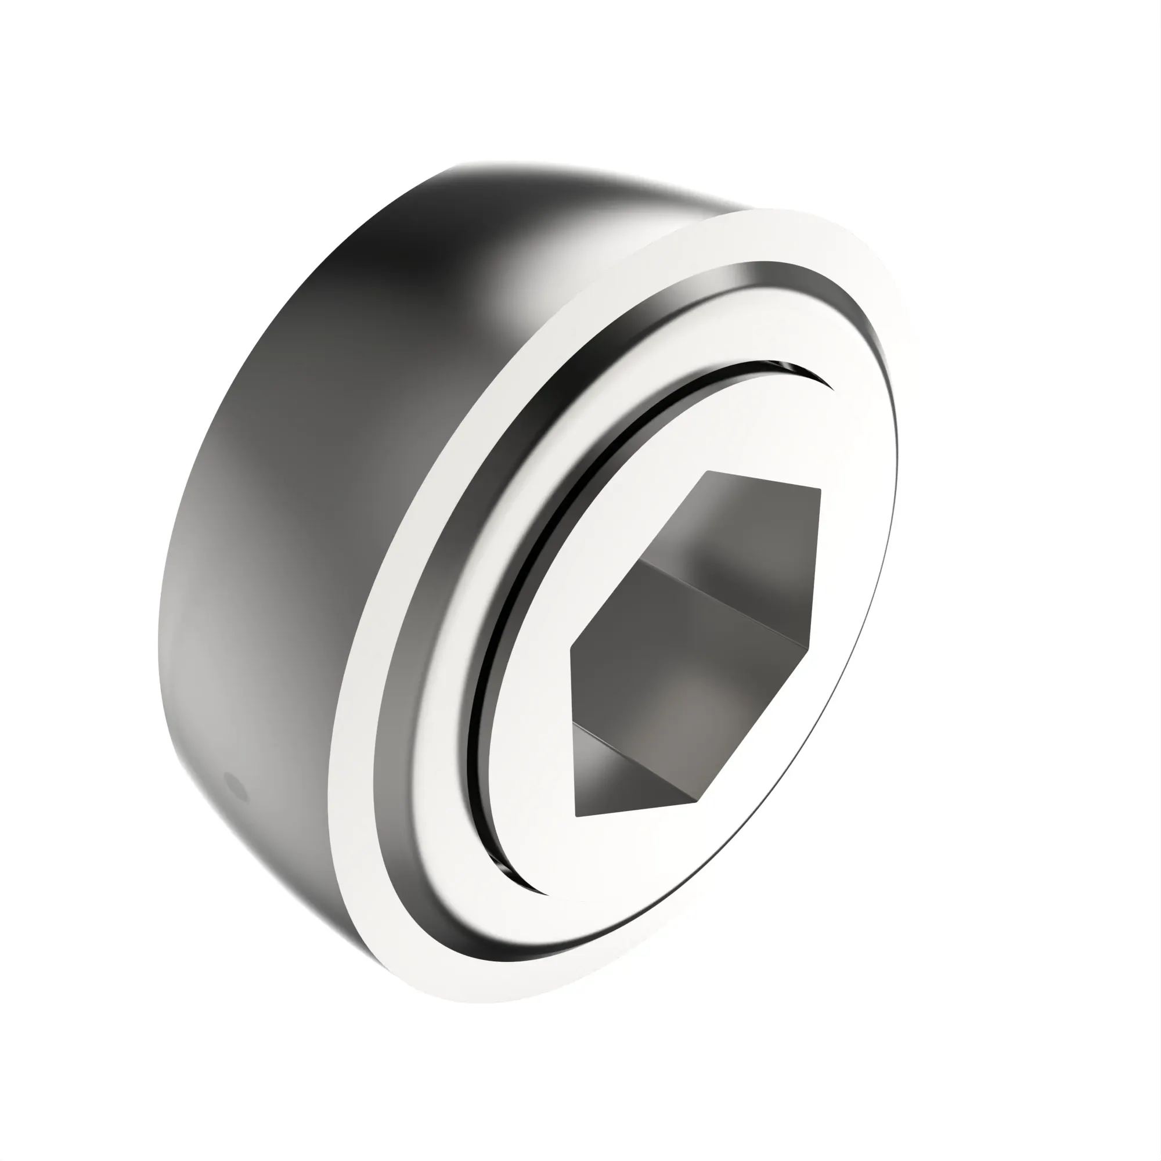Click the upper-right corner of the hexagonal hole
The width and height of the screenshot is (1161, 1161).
click(x=820, y=490)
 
